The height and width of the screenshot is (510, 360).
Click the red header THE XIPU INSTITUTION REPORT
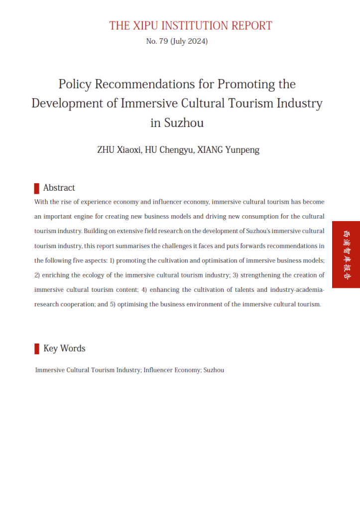[x=191, y=26]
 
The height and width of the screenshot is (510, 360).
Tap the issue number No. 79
[x=157, y=41]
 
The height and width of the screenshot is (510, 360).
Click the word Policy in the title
[x=75, y=84]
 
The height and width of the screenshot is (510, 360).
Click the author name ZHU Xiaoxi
[x=119, y=150]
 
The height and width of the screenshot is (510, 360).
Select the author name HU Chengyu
[x=169, y=150]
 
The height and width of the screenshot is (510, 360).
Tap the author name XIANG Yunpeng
[x=230, y=150]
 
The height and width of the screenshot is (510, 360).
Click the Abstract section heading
[x=59, y=188]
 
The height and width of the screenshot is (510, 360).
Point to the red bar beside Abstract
[x=37, y=188]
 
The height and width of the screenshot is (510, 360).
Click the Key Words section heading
[x=64, y=349]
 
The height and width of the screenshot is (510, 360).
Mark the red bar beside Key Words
[x=37, y=349]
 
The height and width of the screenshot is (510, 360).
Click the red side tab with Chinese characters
[x=346, y=255]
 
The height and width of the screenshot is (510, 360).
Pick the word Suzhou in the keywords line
[x=214, y=371]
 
